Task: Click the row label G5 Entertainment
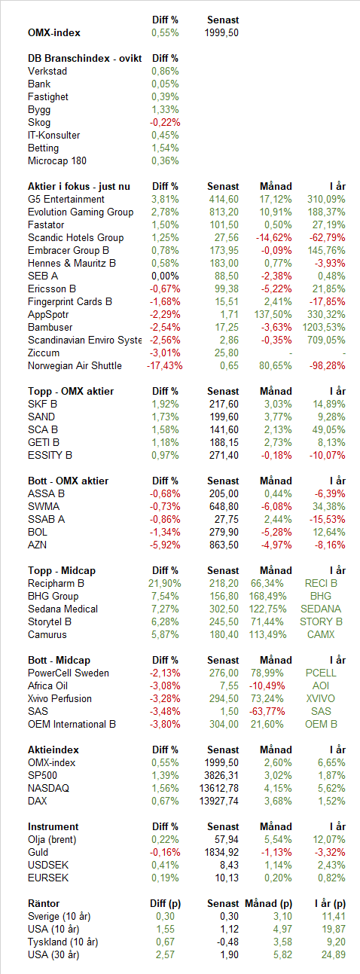[x=66, y=199]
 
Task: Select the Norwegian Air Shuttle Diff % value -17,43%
[x=164, y=365]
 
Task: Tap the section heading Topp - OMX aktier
[x=71, y=392]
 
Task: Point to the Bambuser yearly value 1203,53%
[x=324, y=328]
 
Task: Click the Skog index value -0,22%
[x=165, y=123]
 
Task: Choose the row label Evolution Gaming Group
[x=81, y=212]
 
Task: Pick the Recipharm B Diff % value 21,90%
[x=164, y=584]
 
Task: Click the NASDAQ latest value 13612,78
[x=219, y=789]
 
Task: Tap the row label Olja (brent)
[x=52, y=840]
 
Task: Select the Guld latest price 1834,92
[x=221, y=852]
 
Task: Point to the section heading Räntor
[x=44, y=903]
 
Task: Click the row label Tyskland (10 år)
[x=63, y=942]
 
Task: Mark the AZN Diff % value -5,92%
[x=165, y=545]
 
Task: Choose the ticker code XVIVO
[x=320, y=699]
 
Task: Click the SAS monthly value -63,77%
[x=267, y=711]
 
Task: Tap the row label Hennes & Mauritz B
[x=72, y=264]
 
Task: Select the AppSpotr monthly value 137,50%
[x=273, y=315]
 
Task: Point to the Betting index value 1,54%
[x=165, y=148]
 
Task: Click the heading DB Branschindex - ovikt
[x=85, y=59]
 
